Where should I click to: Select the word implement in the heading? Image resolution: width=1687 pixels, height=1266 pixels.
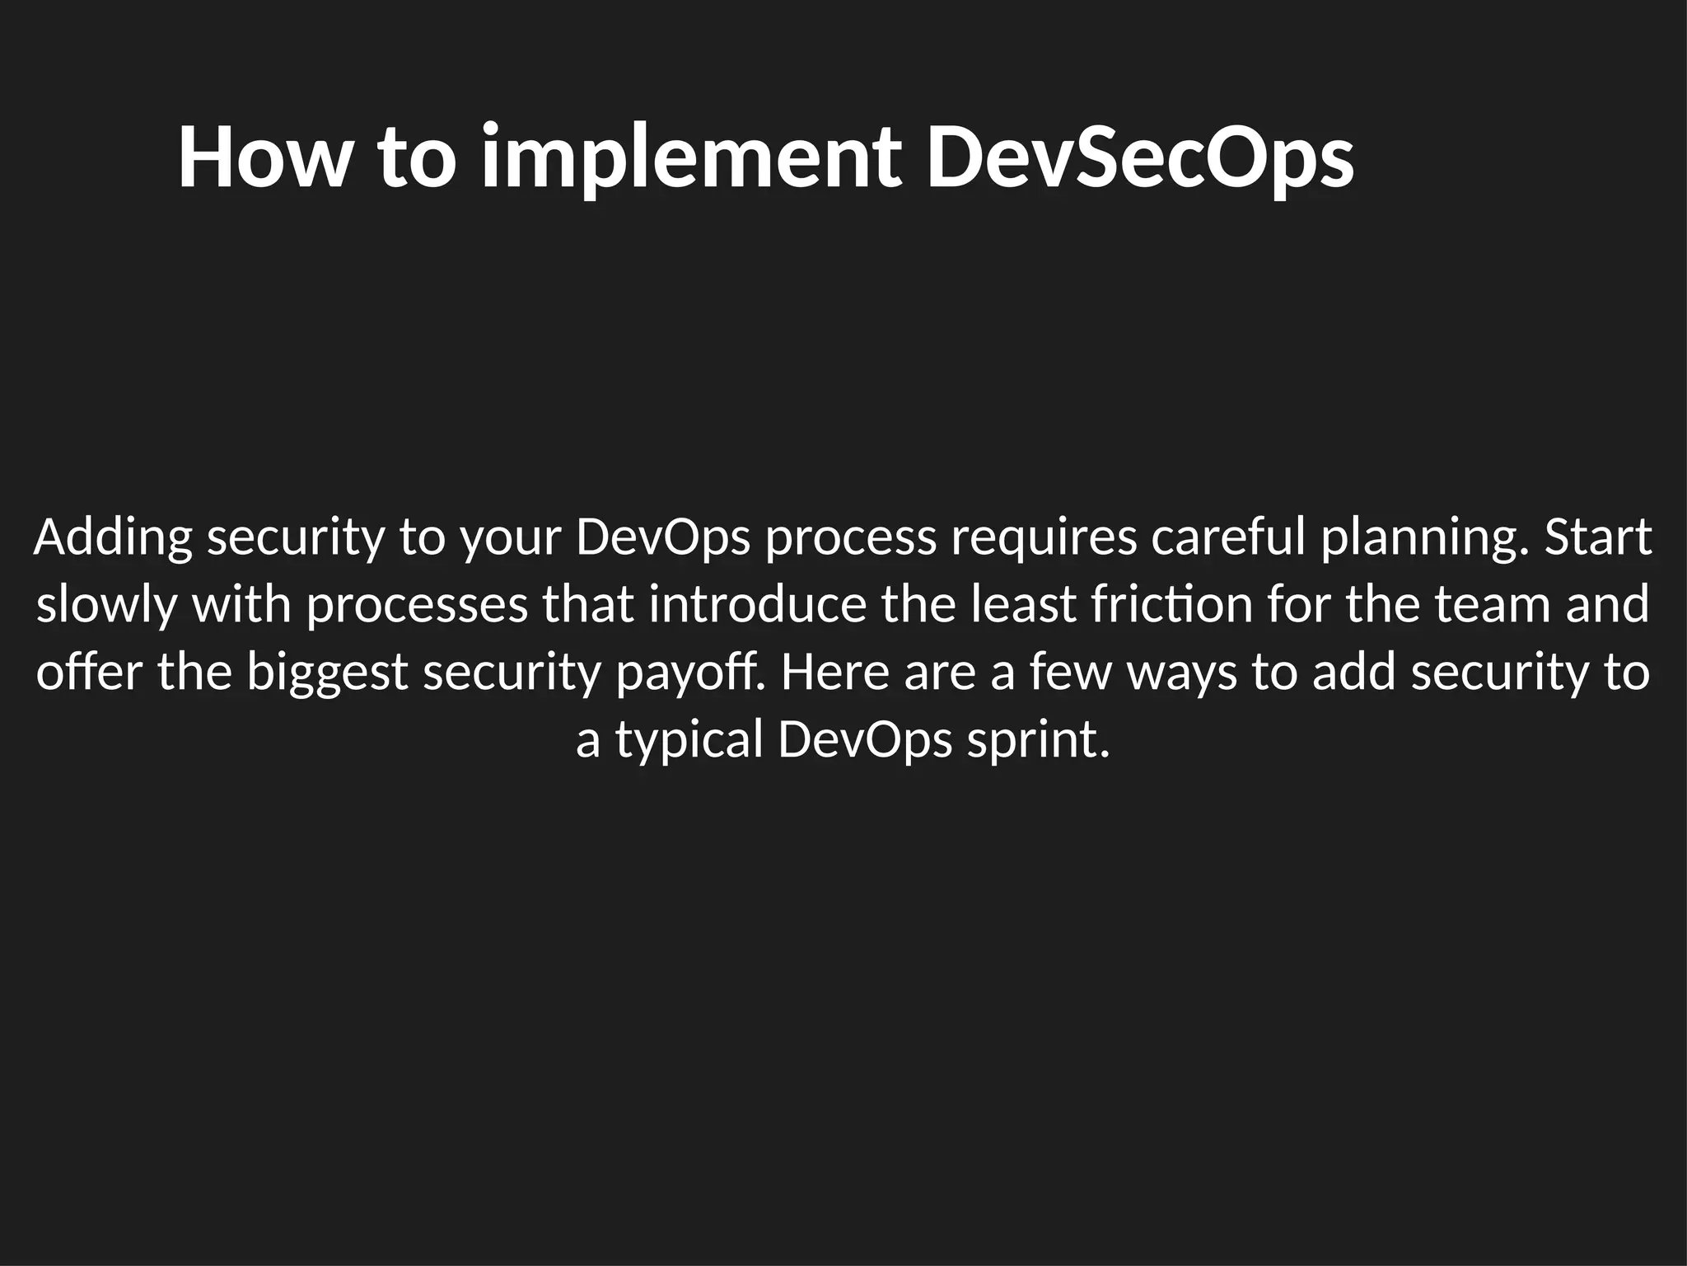click(690, 158)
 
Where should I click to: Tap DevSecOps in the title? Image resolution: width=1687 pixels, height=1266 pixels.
click(1140, 158)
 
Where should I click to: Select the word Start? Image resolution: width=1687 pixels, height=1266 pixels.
click(1598, 537)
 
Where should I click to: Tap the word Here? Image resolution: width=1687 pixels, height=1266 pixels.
click(835, 673)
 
